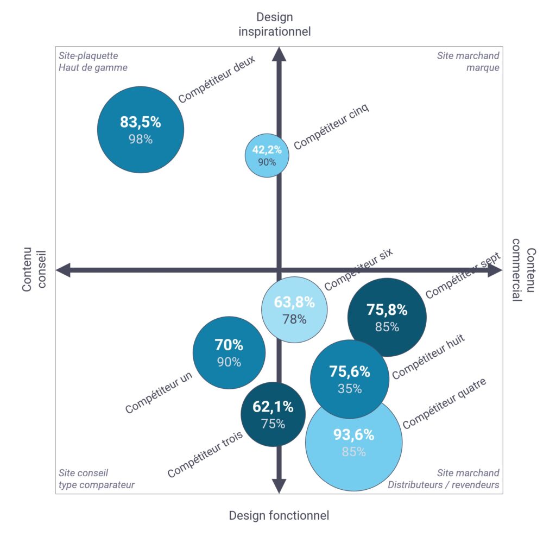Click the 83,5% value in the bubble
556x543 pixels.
(141, 122)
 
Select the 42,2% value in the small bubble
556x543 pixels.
(267, 150)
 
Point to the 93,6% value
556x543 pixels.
(353, 435)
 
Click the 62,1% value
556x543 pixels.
(273, 407)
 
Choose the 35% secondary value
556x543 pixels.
(350, 389)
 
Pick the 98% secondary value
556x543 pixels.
(141, 139)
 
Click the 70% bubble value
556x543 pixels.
(229, 345)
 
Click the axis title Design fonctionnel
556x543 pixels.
(279, 515)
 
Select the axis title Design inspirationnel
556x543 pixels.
(275, 24)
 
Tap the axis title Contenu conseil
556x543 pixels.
(34, 270)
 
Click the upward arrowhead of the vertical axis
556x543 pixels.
(279, 55)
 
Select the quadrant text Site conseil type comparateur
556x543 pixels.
(96, 479)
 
